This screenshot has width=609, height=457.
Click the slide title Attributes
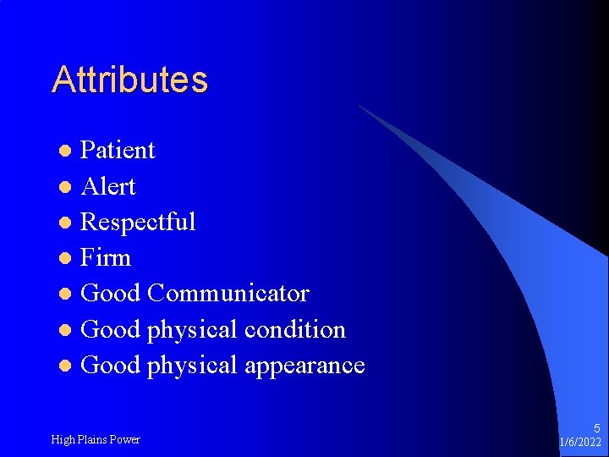[129, 80]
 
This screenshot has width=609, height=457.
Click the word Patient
[118, 151]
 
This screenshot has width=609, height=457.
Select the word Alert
[107, 186]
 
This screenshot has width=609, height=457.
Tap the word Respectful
[138, 222]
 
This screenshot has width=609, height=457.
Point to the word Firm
[106, 258]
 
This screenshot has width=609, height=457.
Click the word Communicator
[228, 294]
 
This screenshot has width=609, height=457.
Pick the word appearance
[304, 366]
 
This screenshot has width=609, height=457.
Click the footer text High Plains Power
[96, 439]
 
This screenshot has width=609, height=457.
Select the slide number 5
[596, 429]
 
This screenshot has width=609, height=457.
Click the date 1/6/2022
[581, 443]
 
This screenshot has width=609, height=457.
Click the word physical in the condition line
[192, 330]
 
